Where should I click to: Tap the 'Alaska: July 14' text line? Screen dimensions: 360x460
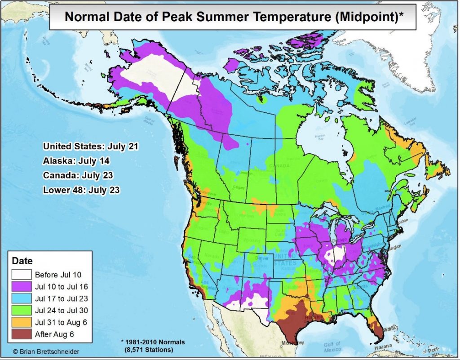coord(76,160)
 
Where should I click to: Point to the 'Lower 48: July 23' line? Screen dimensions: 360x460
coord(81,190)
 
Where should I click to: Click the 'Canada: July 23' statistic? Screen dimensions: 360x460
coord(78,175)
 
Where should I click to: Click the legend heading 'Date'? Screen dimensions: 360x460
coord(22,261)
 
